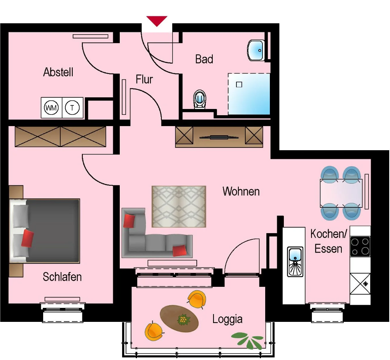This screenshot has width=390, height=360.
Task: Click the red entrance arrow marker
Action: (157, 21)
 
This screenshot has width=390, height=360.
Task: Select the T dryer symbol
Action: (72, 107)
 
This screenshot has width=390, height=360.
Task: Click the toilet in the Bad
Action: (200, 99)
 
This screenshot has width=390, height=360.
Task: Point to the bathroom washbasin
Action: (257, 50)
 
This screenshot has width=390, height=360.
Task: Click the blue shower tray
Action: (249, 95)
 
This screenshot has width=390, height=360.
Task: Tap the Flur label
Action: (144, 79)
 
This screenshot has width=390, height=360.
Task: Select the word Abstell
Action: (58, 72)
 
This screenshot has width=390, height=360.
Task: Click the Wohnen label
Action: (241, 191)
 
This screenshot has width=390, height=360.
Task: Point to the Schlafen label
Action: (62, 277)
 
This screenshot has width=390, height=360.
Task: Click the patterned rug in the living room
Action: (178, 206)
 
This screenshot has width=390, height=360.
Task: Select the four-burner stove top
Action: (360, 246)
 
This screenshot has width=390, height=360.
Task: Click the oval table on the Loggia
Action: (179, 318)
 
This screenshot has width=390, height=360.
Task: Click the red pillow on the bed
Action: (28, 238)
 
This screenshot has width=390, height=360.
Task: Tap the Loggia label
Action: (227, 320)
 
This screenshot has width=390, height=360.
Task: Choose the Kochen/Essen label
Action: (329, 241)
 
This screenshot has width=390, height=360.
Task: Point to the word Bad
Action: (204, 59)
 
